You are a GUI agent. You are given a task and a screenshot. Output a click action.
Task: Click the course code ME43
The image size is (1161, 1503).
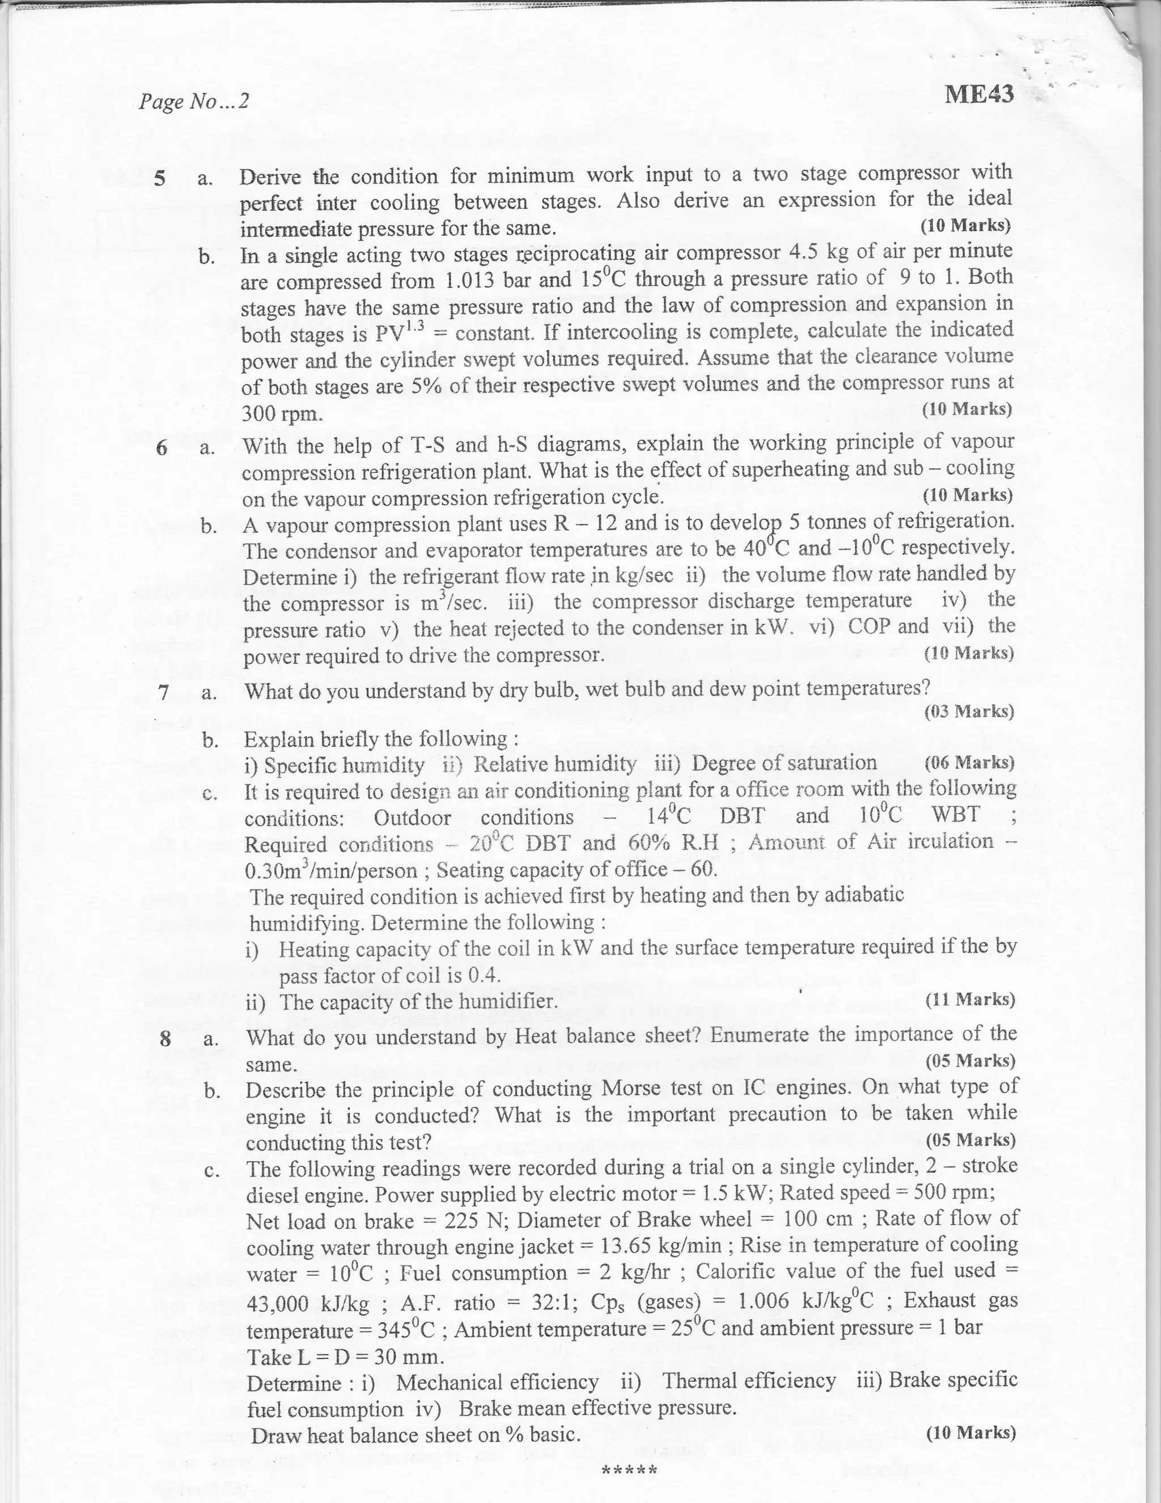(978, 94)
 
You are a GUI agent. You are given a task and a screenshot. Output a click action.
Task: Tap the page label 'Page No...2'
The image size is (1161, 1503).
(193, 102)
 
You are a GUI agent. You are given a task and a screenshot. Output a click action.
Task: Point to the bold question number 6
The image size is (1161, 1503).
(162, 448)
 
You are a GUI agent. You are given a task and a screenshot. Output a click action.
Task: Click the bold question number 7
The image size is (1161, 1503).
(163, 692)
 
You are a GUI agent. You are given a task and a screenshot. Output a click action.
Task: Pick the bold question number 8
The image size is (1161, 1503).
(165, 1037)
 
